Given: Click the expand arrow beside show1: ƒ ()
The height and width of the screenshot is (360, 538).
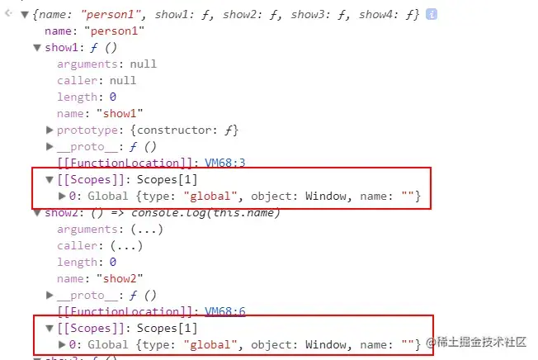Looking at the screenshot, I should [x=37, y=47].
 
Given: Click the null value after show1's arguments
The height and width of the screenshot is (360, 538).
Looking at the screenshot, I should [x=143, y=64].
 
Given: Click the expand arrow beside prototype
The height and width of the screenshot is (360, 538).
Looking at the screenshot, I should [x=50, y=130].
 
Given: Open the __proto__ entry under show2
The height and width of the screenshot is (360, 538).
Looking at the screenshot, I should [x=83, y=295].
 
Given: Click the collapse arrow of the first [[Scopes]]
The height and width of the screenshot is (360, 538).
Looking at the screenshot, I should [x=50, y=179].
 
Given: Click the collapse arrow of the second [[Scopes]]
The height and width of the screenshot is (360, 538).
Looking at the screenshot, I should [x=50, y=328].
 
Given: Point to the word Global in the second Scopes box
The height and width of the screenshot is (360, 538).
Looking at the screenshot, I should [x=107, y=343].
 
